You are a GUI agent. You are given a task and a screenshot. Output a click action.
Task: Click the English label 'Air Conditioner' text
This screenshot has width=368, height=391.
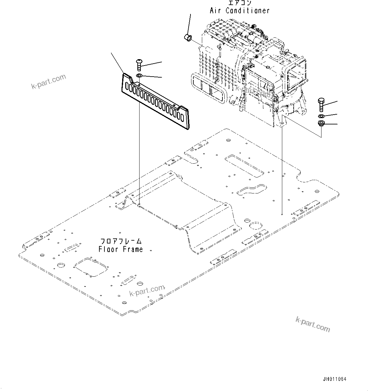[240, 10]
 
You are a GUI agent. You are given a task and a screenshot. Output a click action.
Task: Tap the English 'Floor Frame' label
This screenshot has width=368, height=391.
[121, 249]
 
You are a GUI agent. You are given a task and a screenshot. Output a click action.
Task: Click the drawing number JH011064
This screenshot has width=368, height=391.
[334, 379]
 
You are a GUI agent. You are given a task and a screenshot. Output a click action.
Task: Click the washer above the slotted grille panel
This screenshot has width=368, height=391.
[139, 76]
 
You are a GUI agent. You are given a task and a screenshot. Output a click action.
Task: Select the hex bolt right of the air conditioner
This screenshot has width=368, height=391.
[321, 104]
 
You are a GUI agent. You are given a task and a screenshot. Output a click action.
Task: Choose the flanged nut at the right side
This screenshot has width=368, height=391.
[321, 123]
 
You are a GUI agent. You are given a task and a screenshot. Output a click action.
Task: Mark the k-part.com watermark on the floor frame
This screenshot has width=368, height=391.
[147, 290]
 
